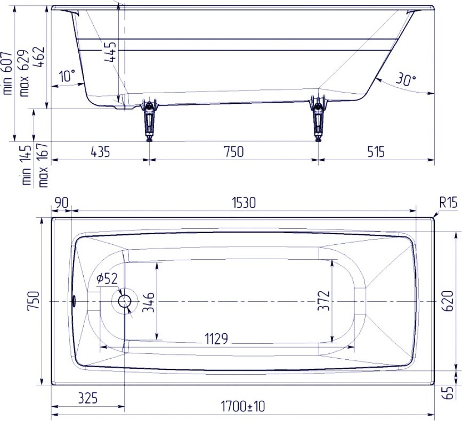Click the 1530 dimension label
tap(244, 203)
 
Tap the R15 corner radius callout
tap(448, 202)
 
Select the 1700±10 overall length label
tap(243, 407)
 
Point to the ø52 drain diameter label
tap(107, 278)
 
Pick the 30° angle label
tap(406, 79)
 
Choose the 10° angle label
tap(67, 76)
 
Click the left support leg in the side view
tap(150, 121)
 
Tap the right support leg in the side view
tap(318, 119)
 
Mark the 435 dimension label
tap(101, 152)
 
